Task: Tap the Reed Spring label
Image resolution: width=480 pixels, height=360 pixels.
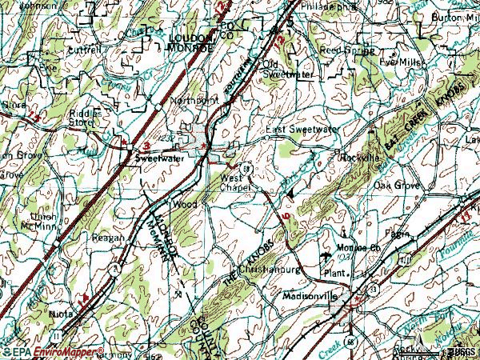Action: pyautogui.click(x=342, y=49)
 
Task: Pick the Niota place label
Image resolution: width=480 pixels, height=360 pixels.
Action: pyautogui.click(x=61, y=314)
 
